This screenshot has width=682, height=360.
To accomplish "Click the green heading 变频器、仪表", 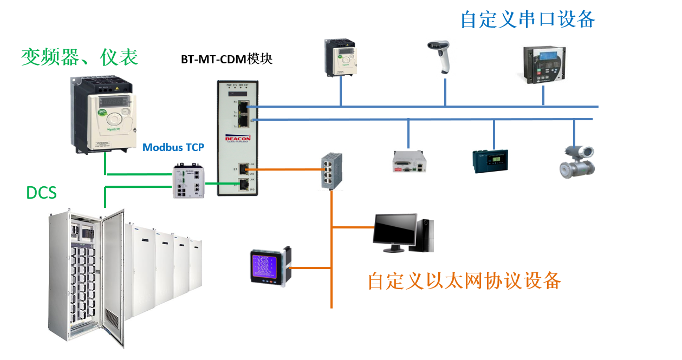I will click(x=80, y=56).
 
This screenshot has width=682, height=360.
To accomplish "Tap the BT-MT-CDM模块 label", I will click(x=226, y=59).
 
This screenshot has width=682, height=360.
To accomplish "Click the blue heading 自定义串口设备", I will click(x=528, y=19).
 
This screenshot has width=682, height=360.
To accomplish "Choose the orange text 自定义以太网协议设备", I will click(x=464, y=280).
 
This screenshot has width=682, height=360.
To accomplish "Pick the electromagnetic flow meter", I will click(x=577, y=161).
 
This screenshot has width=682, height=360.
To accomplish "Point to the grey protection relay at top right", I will click(x=544, y=64).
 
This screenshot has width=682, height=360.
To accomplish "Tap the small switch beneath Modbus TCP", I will click(x=188, y=181).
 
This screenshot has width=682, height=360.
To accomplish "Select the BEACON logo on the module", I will click(x=236, y=139).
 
